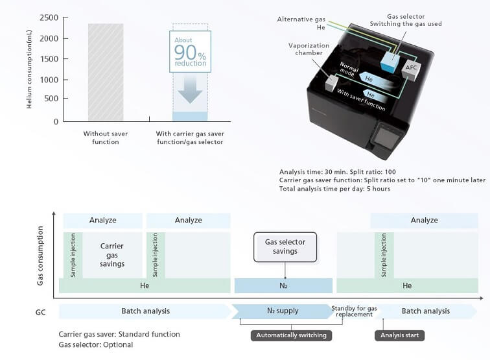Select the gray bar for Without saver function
106,72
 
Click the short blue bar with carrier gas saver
190,117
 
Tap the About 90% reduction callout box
190,51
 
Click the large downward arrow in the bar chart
190,88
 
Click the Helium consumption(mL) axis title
29,69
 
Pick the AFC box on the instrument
411,67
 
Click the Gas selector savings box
285,247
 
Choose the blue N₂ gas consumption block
283,285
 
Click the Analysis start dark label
400,335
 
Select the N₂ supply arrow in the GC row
283,311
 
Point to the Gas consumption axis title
40,256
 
